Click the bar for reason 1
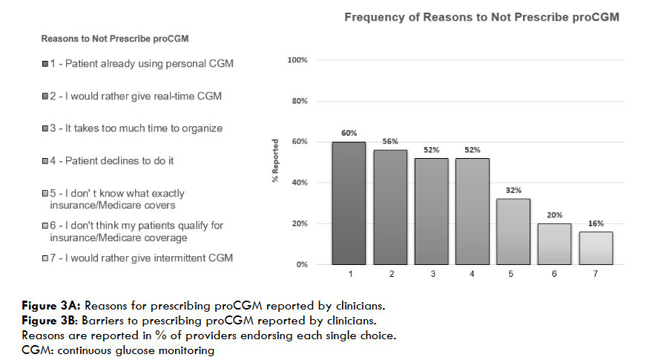coord(349,203)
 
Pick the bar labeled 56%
coord(390,207)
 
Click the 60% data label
coord(349,134)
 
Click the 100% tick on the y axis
coord(297,59)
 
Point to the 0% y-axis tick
coord(300,264)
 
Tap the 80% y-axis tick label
coord(299,101)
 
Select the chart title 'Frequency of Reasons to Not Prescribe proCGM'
coord(481,17)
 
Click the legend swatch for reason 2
coord(45,96)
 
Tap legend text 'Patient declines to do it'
coord(119,160)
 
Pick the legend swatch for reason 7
coord(45,258)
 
